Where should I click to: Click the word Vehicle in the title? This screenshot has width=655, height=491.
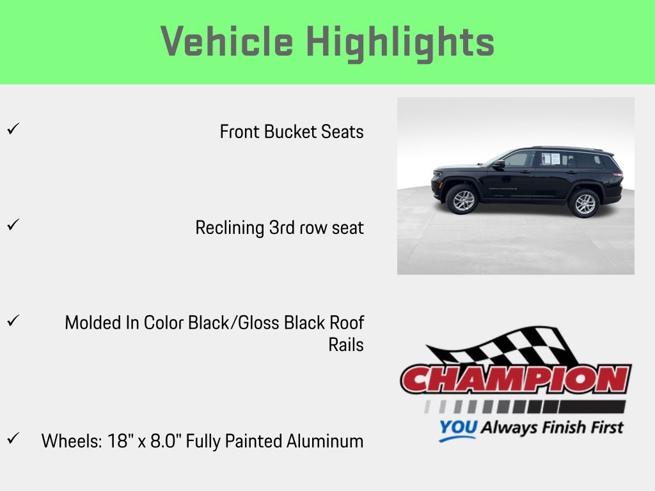click(227, 41)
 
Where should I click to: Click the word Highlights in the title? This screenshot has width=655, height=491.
click(400, 43)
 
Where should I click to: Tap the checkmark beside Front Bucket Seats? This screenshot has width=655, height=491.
click(13, 129)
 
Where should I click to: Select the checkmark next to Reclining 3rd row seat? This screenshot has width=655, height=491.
click(13, 224)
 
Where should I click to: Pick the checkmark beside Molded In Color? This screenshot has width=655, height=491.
click(13, 321)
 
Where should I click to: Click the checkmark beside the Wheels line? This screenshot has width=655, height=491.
click(13, 439)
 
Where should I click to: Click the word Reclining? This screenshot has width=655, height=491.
click(230, 228)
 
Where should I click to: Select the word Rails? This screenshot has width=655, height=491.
click(346, 345)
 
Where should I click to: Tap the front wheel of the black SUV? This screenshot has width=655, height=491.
click(463, 200)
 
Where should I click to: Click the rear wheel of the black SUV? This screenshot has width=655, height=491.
click(585, 203)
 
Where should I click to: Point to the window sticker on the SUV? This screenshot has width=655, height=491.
click(551, 159)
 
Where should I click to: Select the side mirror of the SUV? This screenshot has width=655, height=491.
click(499, 164)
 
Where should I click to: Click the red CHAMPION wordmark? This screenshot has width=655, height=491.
click(516, 379)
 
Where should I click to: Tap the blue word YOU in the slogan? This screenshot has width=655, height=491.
click(458, 428)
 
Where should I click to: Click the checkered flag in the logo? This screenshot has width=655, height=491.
click(501, 347)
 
